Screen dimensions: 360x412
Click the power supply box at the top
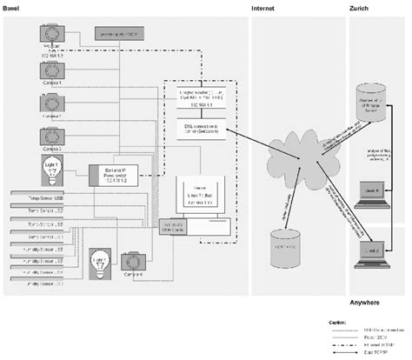123,33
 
